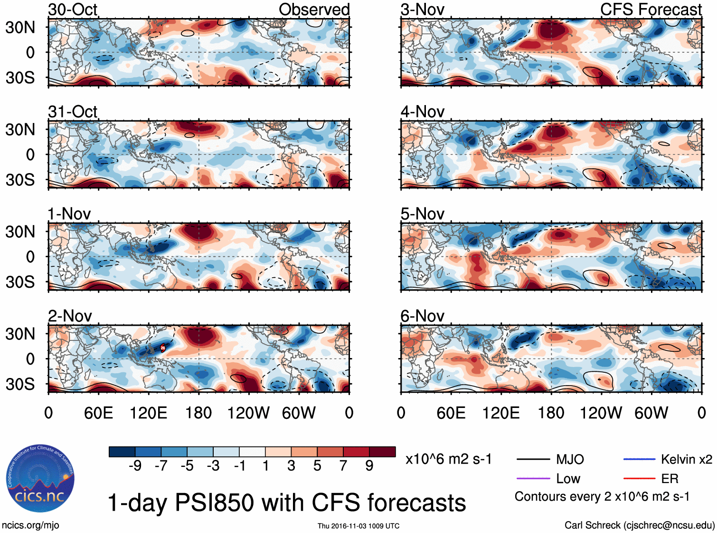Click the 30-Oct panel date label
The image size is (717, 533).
[73, 10]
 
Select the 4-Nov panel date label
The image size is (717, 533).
[422, 112]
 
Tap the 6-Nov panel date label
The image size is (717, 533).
[422, 316]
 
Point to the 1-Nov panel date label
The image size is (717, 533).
[69, 214]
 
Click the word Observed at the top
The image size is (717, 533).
[314, 10]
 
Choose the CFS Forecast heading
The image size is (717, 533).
[651, 10]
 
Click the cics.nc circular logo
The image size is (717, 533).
[40, 479]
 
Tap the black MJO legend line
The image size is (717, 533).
[533, 459]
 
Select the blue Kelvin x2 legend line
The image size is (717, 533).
[639, 459]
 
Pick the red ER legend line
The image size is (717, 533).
[639, 478]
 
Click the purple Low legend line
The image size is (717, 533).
[533, 478]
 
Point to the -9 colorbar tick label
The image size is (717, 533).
[135, 466]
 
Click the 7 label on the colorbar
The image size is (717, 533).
[343, 466]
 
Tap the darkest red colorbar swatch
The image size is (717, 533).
[382, 452]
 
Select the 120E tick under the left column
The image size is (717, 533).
[148, 413]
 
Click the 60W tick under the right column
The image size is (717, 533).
[651, 413]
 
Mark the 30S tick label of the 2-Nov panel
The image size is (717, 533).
[20, 384]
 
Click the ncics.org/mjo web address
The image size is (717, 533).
[30, 525]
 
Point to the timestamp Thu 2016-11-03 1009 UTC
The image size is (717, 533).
[358, 526]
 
